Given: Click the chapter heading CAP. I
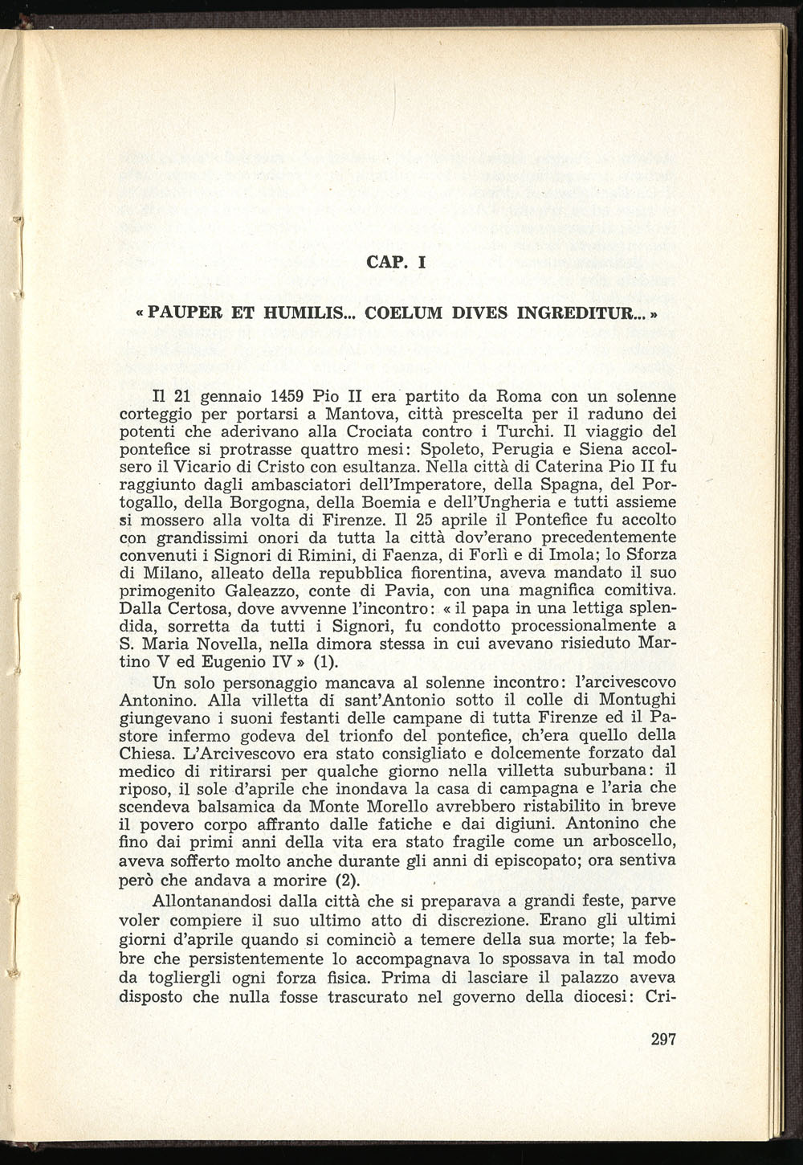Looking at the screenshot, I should click(394, 261).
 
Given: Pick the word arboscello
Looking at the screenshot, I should click(630, 841).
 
